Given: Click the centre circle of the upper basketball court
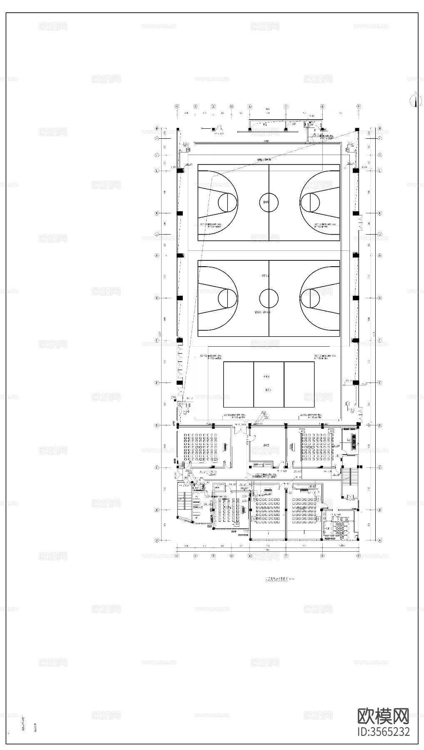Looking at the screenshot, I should coord(269,202).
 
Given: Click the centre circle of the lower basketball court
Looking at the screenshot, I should coord(269,298).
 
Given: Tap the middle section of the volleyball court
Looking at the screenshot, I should coord(269,385).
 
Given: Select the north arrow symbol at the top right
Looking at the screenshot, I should coord(414,100).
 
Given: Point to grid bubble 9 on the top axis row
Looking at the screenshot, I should coord(358,106).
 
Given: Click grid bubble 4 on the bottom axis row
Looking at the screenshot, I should coord(177,555).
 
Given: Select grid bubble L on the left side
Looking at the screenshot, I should coord(157,171).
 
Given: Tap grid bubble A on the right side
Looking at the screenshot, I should coord(379,540).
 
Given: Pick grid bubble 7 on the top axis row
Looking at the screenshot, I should coord(286,106).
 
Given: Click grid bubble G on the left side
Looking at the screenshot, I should coord(157,298).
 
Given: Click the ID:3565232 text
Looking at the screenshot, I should coord(383,732).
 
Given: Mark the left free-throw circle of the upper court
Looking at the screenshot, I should coord(227,202).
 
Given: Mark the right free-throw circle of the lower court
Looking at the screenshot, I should coord(310,298).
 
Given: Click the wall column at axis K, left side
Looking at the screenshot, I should coord(180,213).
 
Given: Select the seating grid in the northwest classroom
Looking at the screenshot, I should coord(201,448).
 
